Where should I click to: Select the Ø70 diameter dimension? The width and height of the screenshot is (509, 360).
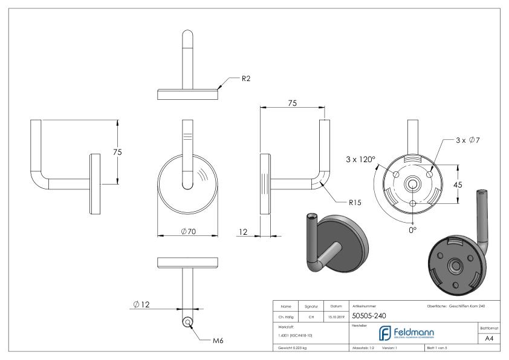pos(187,232)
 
